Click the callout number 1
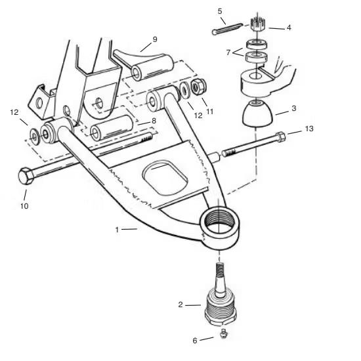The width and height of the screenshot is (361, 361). pyautogui.click(x=117, y=229)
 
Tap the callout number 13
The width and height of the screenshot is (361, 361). pyautogui.click(x=309, y=129)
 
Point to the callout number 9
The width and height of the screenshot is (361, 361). pyautogui.click(x=154, y=39)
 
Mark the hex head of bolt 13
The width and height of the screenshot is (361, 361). pyautogui.click(x=281, y=137)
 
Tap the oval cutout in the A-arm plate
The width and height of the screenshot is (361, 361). pyautogui.click(x=165, y=175)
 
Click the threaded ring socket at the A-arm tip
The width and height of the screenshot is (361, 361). pyautogui.click(x=219, y=226)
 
